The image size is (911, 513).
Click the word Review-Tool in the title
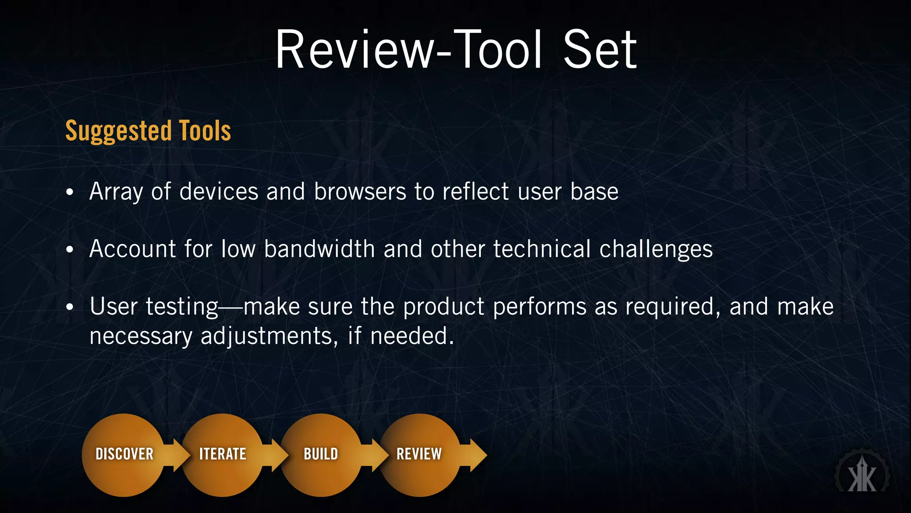pyautogui.click(x=408, y=50)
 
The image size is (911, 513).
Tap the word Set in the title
pyautogui.click(x=600, y=50)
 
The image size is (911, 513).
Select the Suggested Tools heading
pyautogui.click(x=148, y=131)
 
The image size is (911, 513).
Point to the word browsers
pyautogui.click(x=360, y=192)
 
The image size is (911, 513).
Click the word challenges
pyautogui.click(x=656, y=250)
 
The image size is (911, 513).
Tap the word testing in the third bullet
pyautogui.click(x=182, y=307)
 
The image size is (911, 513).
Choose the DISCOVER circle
pyautogui.click(x=124, y=455)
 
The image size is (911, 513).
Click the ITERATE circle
pyautogui.click(x=222, y=455)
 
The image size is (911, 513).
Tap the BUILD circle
pyautogui.click(x=321, y=455)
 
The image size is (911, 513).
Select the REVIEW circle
pyautogui.click(x=419, y=455)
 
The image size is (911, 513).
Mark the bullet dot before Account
pyautogui.click(x=69, y=250)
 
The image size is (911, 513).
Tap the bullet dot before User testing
pyautogui.click(x=69, y=307)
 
